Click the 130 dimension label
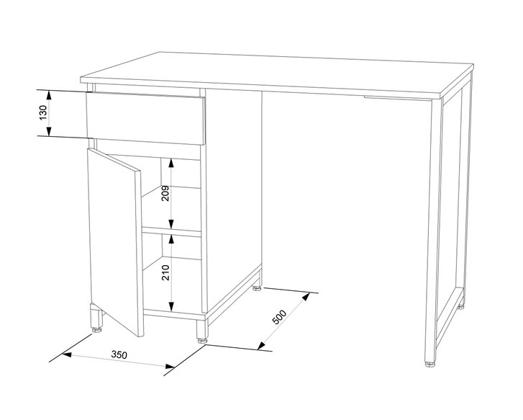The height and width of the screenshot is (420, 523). point(43,112)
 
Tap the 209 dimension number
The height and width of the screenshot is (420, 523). point(165,193)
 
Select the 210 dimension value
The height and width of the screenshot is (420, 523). point(165,272)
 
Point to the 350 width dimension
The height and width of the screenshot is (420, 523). point(119,354)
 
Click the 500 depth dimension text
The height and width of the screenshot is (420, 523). point(280,317)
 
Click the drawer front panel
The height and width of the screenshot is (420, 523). point(145,119)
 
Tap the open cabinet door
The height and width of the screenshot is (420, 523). point(115,241)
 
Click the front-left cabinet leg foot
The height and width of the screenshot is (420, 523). point(97,330)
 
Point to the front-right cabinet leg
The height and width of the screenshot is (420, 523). point(202,329)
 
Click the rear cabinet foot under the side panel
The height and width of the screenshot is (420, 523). point(257,288)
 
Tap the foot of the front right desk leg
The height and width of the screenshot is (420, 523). point(430,365)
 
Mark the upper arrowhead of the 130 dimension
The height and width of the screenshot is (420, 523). point(49,95)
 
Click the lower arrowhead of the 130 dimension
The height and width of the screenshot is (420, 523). point(49,131)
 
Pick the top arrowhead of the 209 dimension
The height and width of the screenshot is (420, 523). point(171,163)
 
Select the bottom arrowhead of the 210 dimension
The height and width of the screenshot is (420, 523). point(171,306)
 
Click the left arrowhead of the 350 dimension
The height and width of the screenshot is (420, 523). point(67,354)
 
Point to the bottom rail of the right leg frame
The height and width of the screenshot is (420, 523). point(450,318)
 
